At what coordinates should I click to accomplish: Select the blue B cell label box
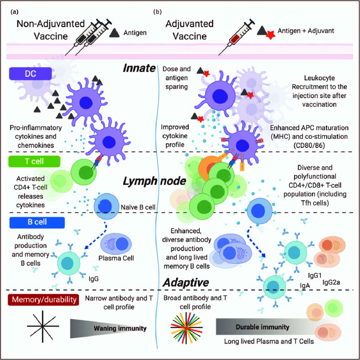coord(34,222)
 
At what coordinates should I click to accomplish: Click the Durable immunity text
coord(269,327)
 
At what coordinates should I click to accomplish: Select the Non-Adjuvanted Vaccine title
coord(42,30)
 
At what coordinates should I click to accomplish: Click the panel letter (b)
coord(157,12)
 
